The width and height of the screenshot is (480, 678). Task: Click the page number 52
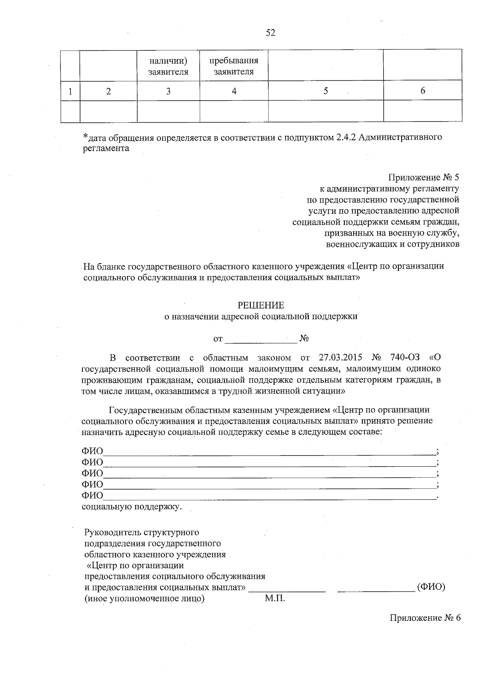click(271, 33)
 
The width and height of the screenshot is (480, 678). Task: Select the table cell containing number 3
click(168, 91)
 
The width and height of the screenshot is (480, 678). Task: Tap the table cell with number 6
click(422, 91)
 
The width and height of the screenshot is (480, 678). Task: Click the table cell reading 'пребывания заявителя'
click(234, 66)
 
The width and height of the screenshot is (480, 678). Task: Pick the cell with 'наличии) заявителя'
click(168, 66)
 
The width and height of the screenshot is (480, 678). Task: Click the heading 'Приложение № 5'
click(424, 177)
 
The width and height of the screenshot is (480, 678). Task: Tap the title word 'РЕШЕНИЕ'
click(261, 306)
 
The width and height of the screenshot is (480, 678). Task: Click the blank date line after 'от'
click(261, 339)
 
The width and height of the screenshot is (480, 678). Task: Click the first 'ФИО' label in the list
click(92, 451)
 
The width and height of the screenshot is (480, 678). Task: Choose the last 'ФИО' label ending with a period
click(92, 495)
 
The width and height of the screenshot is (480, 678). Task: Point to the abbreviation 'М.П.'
click(274, 598)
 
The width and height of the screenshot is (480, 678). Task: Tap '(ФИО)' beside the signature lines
click(431, 587)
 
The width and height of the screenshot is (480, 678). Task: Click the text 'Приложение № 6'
click(425, 618)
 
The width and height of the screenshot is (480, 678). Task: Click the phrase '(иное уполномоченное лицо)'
click(144, 598)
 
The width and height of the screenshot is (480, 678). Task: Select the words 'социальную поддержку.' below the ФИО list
click(132, 507)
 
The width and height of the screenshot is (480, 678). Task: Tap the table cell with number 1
click(70, 91)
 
